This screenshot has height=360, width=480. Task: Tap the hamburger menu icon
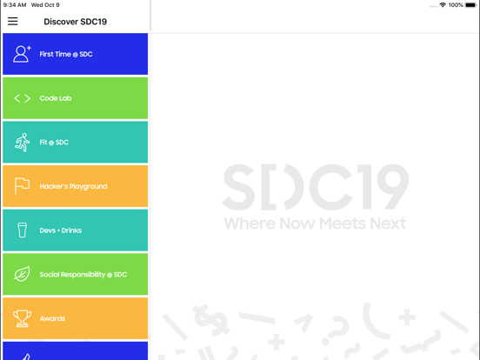pos(13,22)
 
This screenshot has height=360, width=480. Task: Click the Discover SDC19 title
pos(76,22)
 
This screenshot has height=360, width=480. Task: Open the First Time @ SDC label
pos(66,54)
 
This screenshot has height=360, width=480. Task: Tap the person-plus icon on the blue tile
pos(22,54)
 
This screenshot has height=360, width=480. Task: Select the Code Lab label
pos(56,98)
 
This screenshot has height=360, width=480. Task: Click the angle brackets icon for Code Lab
pos(22,98)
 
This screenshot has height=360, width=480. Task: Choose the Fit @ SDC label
pos(54,143)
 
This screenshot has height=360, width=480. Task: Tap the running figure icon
pos(22,143)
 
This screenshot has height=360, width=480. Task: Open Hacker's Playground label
pos(74,186)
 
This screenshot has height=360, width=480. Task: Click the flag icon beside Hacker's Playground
pos(22,186)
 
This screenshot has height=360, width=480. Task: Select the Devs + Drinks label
pos(61,230)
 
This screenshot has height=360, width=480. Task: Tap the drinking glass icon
pos(22,230)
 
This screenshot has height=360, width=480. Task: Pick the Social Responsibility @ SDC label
pos(83,275)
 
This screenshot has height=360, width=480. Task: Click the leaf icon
pos(22,275)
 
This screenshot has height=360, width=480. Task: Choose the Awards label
pos(52,319)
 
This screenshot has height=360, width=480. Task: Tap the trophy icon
pos(22,319)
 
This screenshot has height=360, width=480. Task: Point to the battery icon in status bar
pos(470,5)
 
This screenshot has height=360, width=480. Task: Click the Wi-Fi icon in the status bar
pos(443,5)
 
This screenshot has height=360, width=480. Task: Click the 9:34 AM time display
pos(15,5)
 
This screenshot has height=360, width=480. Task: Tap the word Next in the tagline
pos(387,223)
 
